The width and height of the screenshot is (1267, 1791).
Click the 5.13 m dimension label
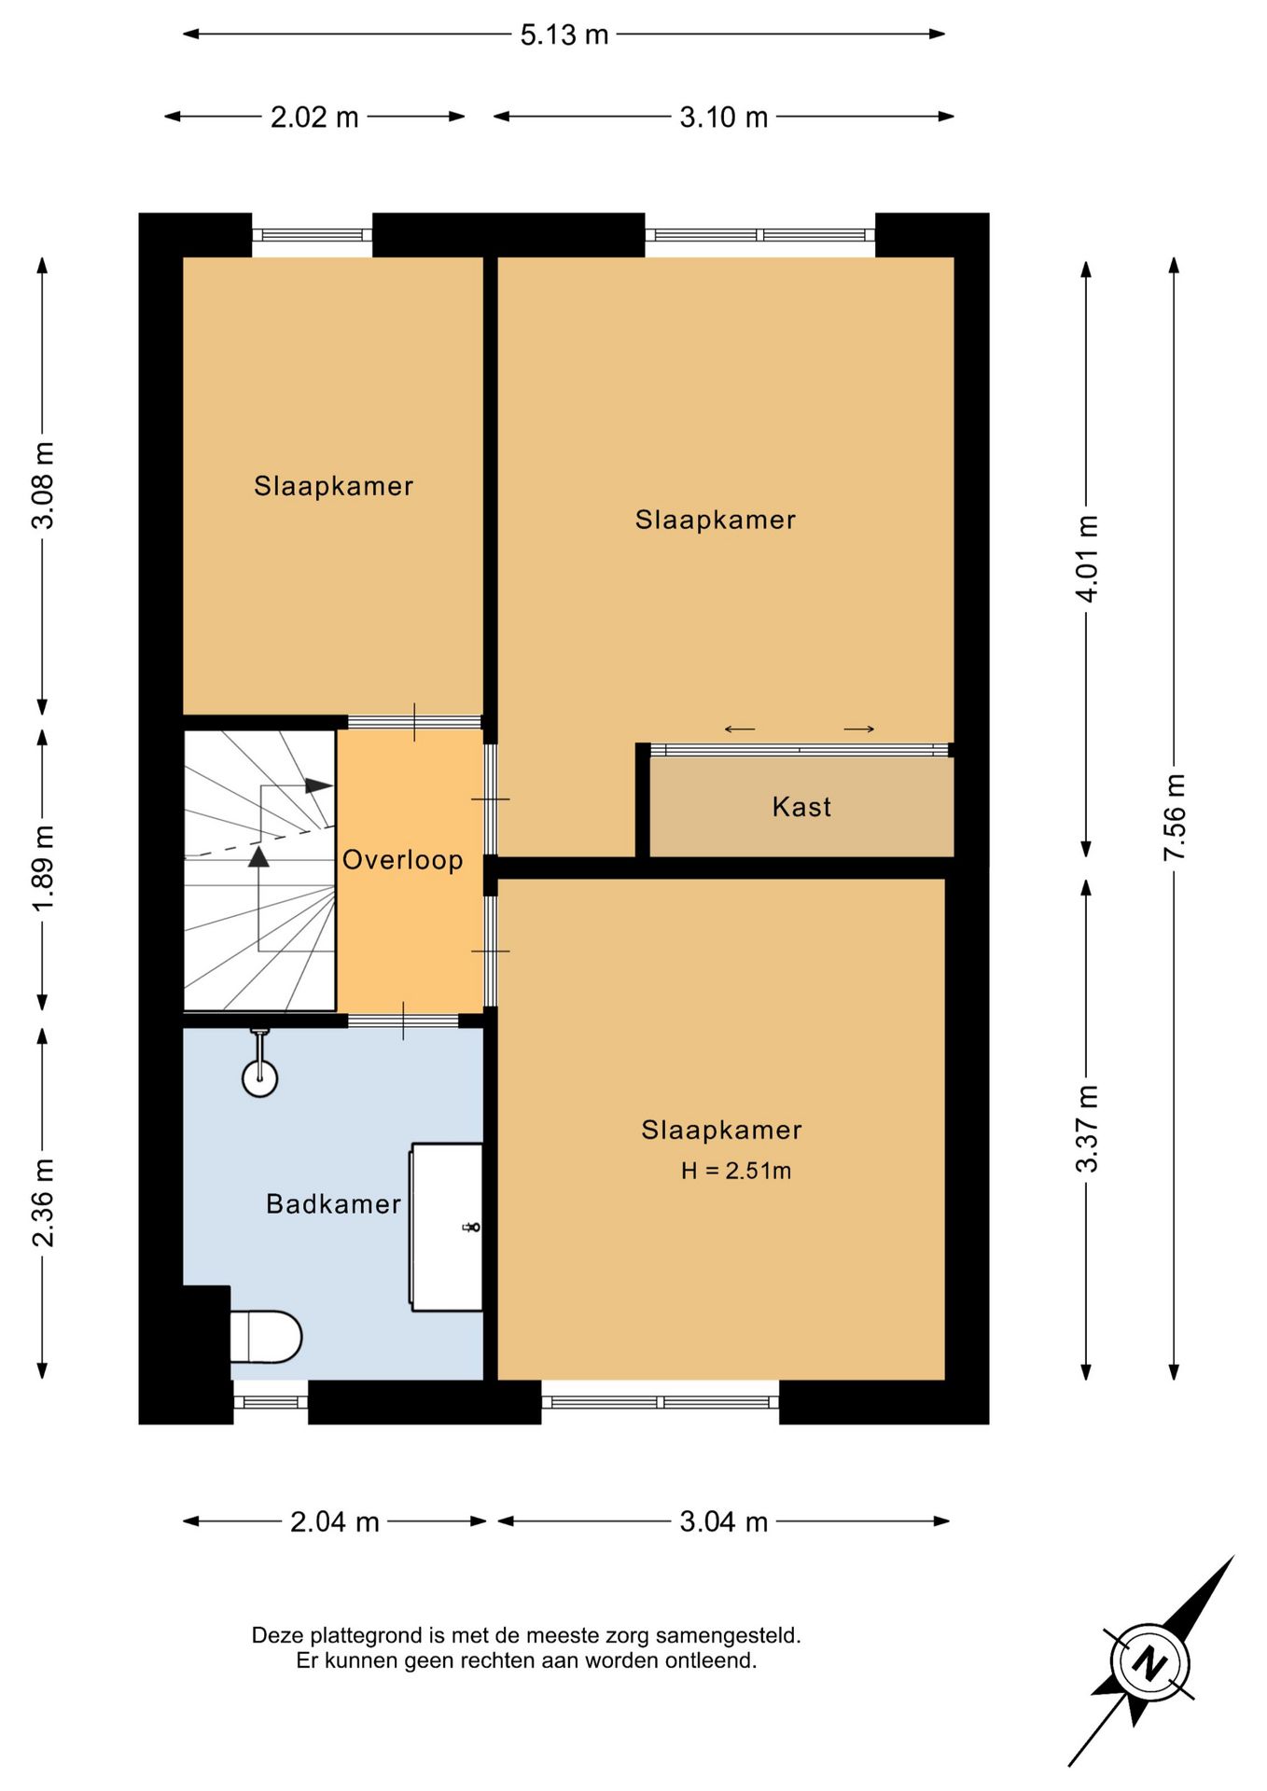(564, 35)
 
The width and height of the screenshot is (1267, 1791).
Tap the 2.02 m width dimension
(314, 117)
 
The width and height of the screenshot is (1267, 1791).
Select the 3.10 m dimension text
(723, 117)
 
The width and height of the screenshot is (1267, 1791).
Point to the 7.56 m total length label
(1174, 817)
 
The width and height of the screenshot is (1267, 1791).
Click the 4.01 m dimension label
(1087, 558)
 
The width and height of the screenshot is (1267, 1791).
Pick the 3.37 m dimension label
(1087, 1129)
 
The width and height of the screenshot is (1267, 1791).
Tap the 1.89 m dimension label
(43, 868)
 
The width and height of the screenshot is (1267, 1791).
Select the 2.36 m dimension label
(43, 1203)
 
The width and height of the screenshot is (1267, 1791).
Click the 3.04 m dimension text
(723, 1521)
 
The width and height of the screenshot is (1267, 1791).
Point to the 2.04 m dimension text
(334, 1521)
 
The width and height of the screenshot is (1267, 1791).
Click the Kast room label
(801, 806)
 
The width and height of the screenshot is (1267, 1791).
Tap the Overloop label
(402, 859)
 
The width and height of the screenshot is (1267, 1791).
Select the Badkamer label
(333, 1203)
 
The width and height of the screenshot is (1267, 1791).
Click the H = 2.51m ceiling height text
(736, 1171)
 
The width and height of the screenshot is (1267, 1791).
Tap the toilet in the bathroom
(266, 1337)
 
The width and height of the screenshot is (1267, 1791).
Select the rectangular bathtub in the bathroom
(446, 1227)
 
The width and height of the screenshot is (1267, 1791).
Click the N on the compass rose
(1150, 1664)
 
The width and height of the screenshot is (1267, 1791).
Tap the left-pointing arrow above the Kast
(740, 729)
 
